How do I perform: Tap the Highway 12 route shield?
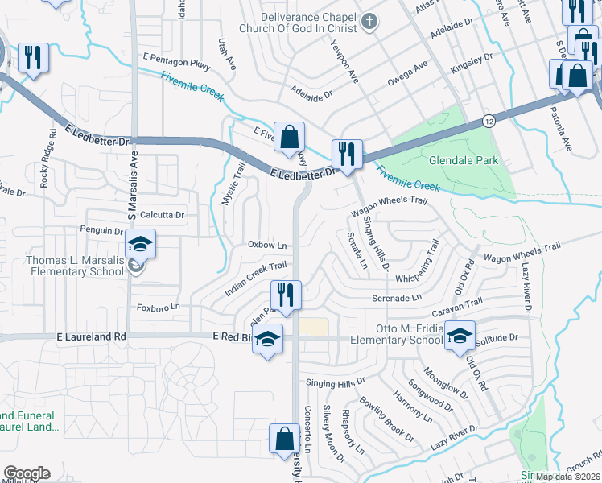tap(489, 120)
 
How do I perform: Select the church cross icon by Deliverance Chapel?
tap(369, 22)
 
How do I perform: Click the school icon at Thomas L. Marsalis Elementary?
tap(140, 244)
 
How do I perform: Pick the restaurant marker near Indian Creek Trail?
tap(286, 294)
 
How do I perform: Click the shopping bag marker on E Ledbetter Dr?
tap(288, 135)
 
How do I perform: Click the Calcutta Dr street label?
tap(163, 215)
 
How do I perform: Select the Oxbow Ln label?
tap(268, 245)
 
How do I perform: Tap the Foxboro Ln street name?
tap(159, 307)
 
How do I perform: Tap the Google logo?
tap(27, 473)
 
